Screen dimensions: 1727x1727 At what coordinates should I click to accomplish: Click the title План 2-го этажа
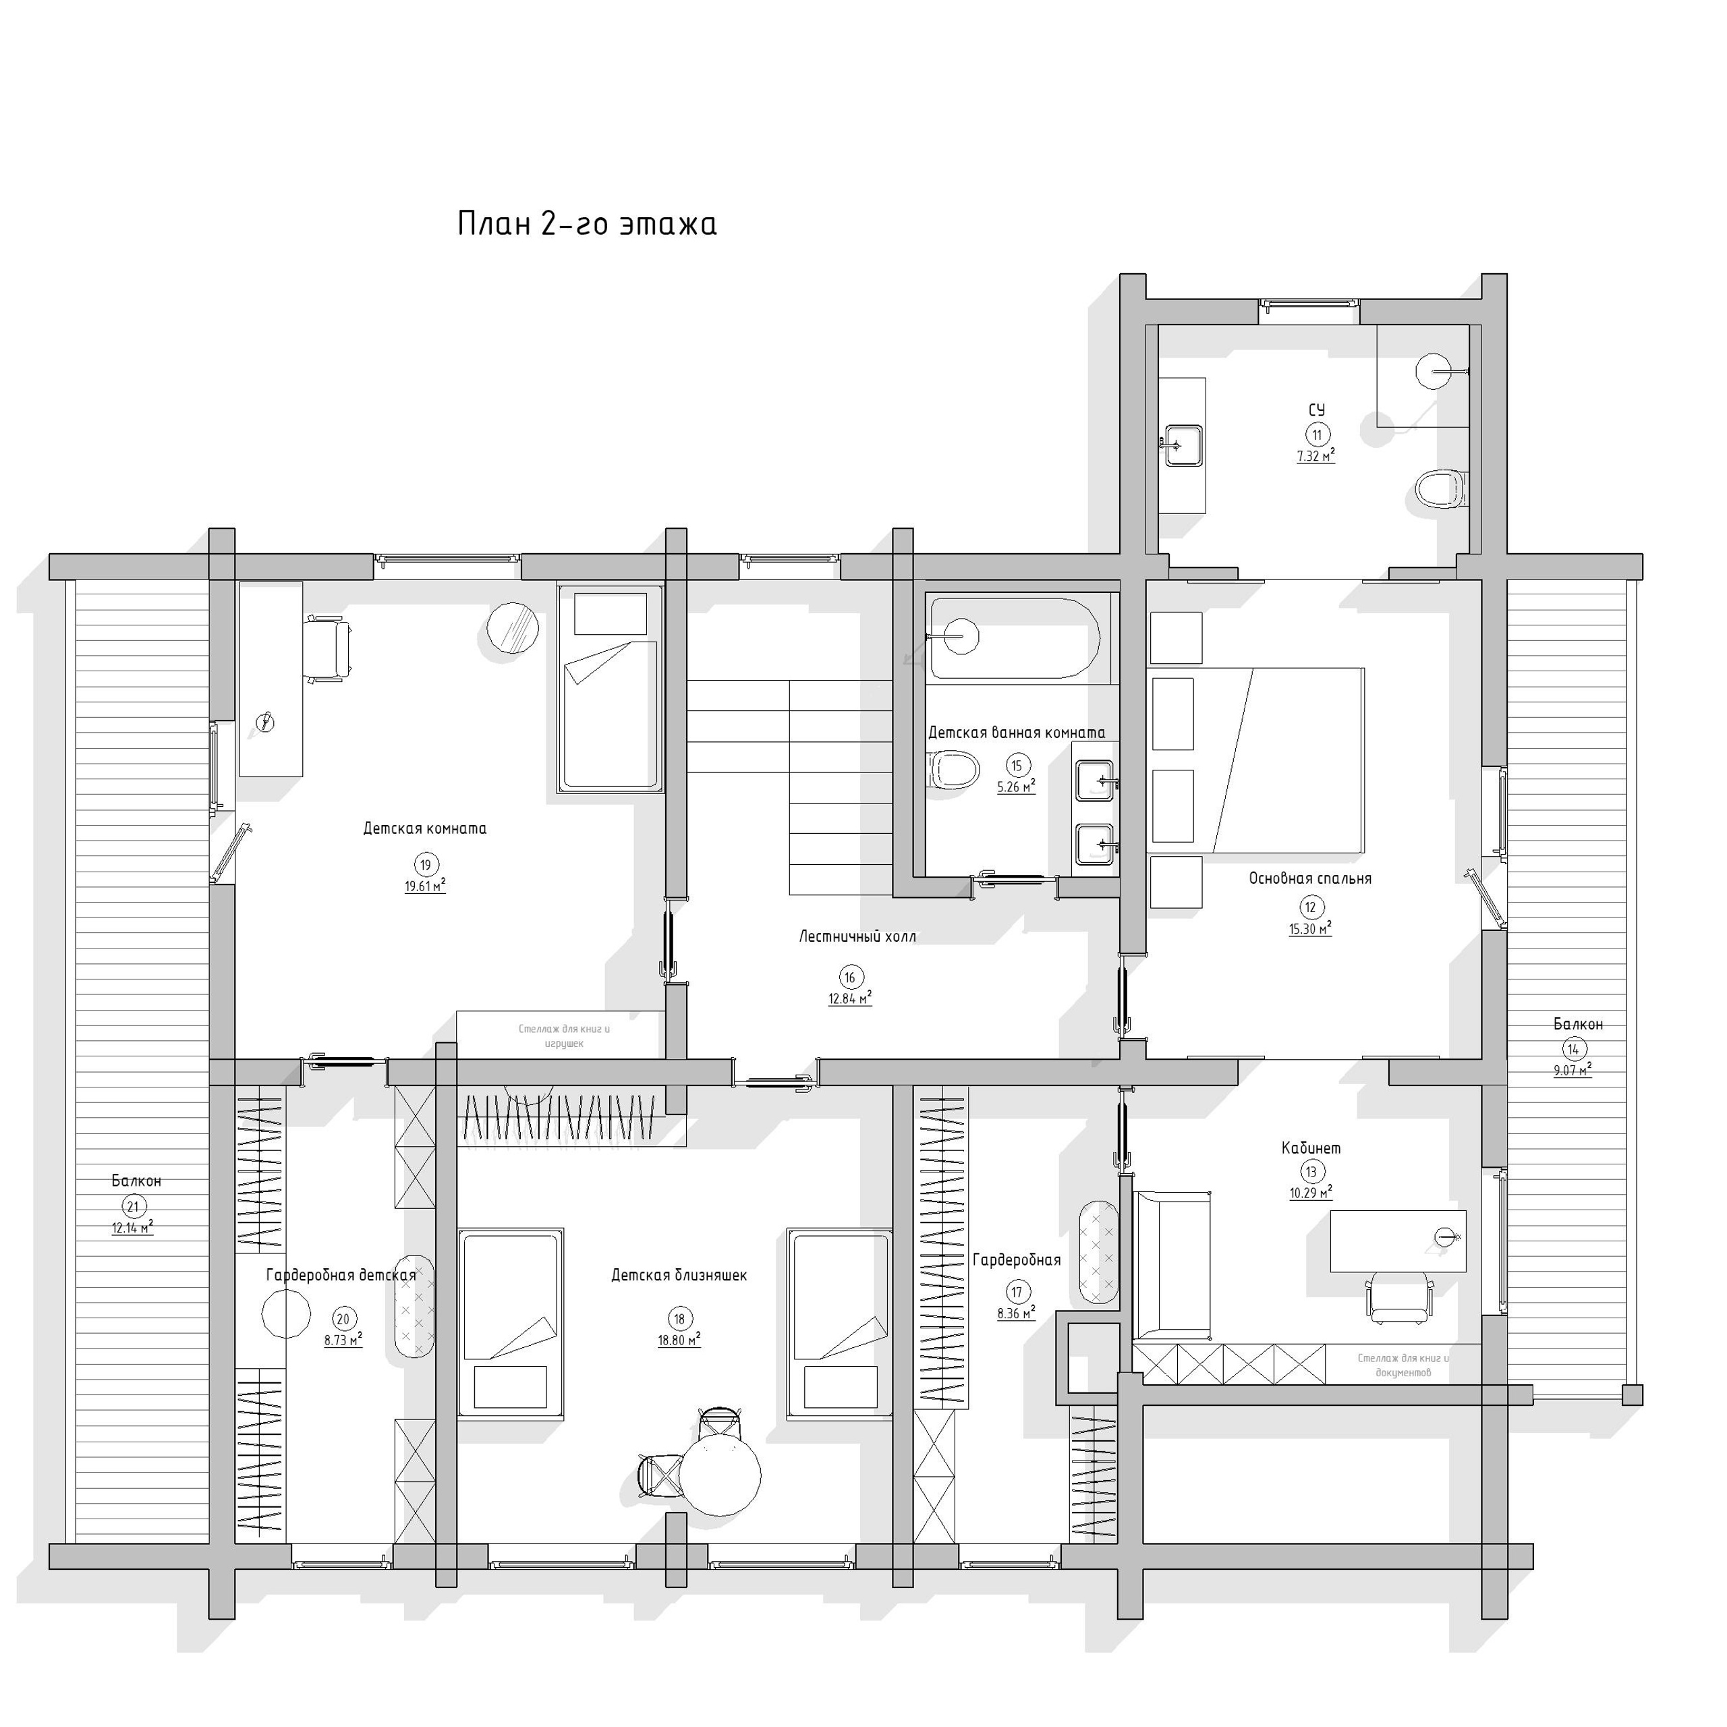coord(586,223)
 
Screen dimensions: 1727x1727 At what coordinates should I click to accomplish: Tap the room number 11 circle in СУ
coord(1315,435)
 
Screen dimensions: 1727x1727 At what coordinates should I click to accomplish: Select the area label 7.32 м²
coord(1315,456)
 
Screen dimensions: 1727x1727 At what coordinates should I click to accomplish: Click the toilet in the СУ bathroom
coord(1440,489)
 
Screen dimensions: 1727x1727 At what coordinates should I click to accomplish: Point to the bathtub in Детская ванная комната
coord(1014,638)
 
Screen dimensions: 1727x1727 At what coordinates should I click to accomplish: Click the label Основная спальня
coord(1309,879)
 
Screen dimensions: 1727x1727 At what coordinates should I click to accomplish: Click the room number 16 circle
coord(849,977)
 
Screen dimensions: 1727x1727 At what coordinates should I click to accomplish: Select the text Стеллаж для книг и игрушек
coord(564,1036)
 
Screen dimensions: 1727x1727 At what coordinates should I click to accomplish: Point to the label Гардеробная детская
coord(341,1276)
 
